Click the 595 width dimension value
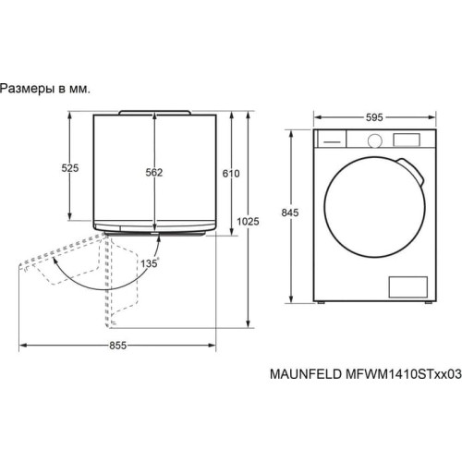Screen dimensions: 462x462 pos(374,117)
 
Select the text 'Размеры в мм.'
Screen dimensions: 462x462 pos(45,88)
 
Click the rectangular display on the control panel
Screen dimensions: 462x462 pos(407,140)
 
